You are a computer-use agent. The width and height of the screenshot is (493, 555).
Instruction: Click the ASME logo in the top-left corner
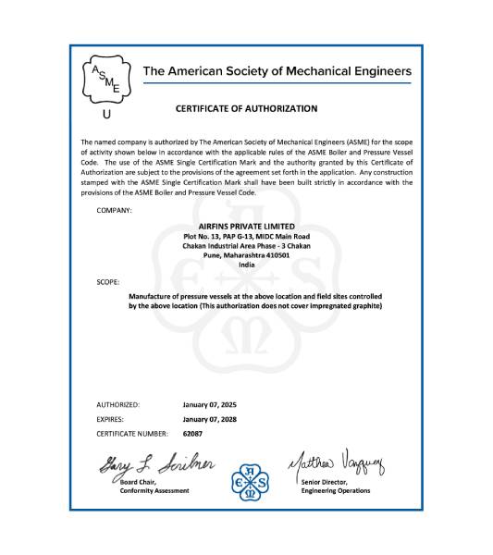105,80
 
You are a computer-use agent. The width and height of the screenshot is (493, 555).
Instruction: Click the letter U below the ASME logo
105,116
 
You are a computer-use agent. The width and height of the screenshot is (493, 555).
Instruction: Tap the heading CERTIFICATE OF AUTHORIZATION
246,108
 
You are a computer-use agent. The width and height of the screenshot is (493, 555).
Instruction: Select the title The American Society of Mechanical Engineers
277,71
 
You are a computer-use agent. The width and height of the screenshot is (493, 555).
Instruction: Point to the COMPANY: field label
114,211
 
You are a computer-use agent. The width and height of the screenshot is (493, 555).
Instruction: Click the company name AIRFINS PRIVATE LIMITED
246,226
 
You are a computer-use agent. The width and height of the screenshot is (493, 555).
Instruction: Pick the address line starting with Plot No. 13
246,237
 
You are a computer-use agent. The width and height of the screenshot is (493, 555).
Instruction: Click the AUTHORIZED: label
117,404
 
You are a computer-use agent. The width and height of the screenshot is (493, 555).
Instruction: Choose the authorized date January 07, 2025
210,404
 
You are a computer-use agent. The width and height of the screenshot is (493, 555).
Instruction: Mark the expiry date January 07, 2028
210,418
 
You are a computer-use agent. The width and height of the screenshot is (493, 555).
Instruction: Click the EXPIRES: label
113,418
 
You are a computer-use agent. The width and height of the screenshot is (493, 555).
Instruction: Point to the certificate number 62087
192,432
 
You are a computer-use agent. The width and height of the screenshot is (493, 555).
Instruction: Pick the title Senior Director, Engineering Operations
335,487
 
